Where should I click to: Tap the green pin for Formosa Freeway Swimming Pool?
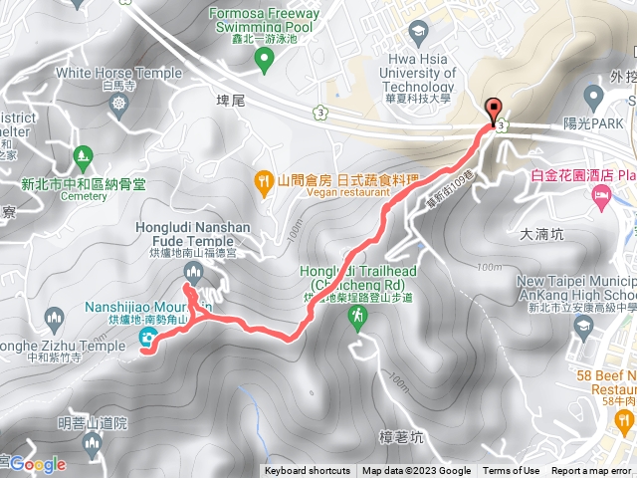click(264, 61)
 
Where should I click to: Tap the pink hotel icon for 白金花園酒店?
click(602, 197)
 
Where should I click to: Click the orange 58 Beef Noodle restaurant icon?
click(625, 426)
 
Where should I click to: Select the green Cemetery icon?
click(84, 157)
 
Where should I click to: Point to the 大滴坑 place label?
click(541, 235)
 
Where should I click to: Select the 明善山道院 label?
click(93, 423)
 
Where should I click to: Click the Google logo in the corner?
click(38, 464)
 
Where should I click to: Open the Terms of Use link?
click(511, 471)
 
